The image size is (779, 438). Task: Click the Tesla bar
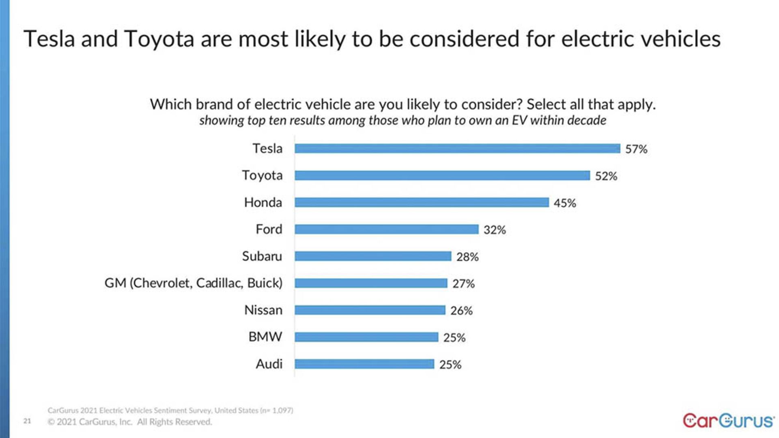pos(457,148)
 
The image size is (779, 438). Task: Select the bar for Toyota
pos(442,175)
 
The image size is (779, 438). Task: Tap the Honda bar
pos(422,202)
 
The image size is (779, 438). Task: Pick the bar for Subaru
pos(373,256)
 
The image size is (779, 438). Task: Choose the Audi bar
pos(364,364)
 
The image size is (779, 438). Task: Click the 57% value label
pos(636,149)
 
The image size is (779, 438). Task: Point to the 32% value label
pos(494,230)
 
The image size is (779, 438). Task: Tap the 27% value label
pos(463,283)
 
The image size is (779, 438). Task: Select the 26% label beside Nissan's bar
pos(461,311)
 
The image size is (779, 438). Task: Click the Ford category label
pos(269,229)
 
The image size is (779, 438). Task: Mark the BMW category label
pos(265,337)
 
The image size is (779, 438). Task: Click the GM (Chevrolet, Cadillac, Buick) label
pos(193,283)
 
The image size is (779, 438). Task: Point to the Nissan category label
pos(263,310)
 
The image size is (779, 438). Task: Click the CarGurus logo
pos(728,421)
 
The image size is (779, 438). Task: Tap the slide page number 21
pos(27,421)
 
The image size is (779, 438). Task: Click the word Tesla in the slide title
pos(49,39)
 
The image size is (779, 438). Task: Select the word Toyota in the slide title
pos(159,40)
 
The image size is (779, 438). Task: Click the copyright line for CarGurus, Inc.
pos(130,422)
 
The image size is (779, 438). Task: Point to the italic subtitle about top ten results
pos(402,120)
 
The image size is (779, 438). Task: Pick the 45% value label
pos(564,203)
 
